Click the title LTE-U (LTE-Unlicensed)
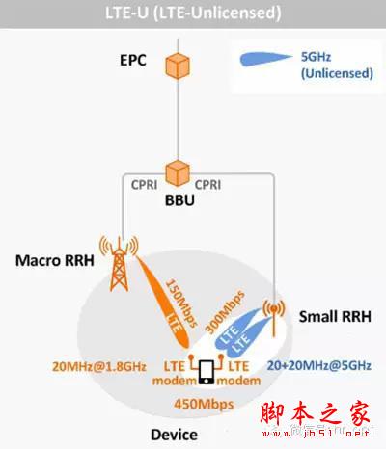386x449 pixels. (193, 13)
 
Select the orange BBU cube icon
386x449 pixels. (176, 172)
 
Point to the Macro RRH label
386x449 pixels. (50, 261)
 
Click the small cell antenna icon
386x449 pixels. (273, 314)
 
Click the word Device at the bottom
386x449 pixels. (173, 435)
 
